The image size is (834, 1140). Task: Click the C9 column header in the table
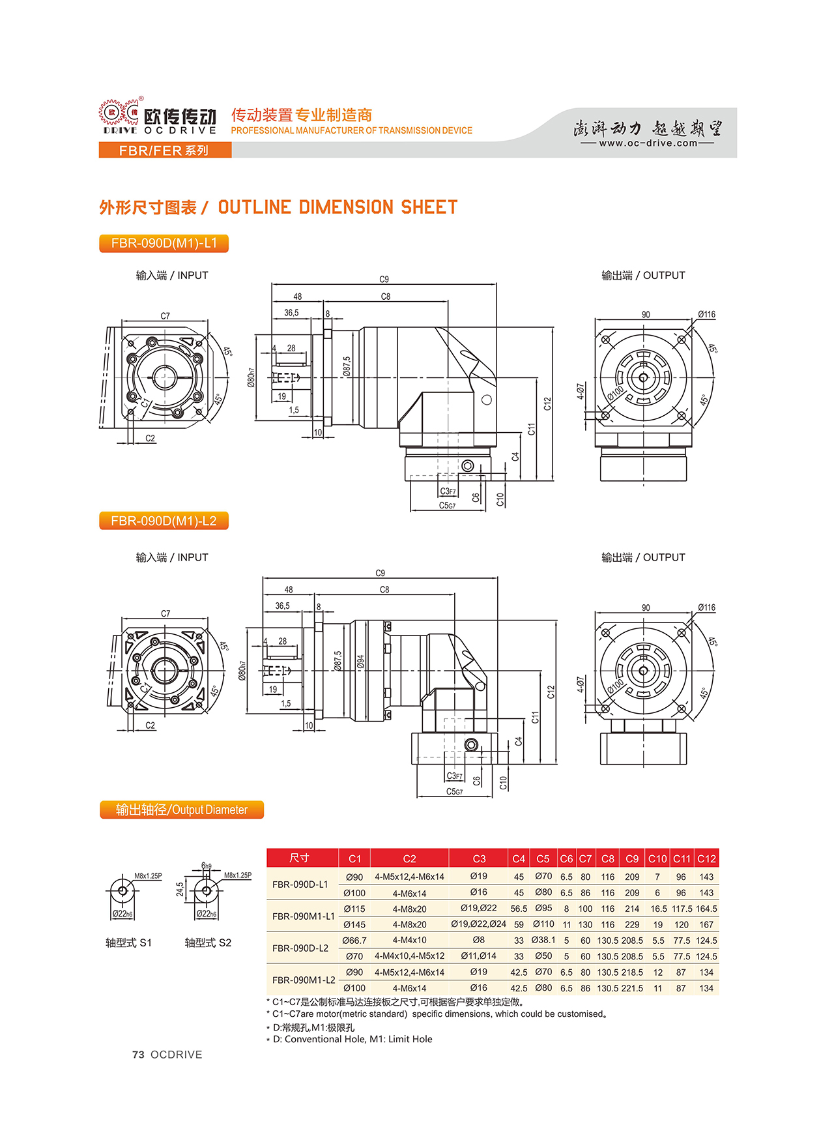point(631,858)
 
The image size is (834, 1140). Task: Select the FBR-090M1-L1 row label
point(303,916)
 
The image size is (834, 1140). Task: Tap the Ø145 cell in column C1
point(354,924)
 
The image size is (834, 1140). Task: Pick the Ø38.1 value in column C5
point(543,940)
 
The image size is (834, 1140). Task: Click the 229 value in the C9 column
point(631,924)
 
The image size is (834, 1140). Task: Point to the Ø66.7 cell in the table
point(354,940)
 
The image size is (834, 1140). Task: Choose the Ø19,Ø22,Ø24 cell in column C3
point(478,924)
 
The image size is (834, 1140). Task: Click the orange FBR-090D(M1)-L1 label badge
point(164,243)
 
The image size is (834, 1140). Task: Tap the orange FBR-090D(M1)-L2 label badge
point(164,521)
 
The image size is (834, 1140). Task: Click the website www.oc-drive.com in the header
point(648,143)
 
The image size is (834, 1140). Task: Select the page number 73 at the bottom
point(138,1055)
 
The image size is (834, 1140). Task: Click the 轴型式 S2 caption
point(208,943)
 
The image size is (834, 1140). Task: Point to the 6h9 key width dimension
point(207,866)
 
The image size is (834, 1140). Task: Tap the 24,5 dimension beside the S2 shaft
point(180,889)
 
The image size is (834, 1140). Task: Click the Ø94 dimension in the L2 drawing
point(360,662)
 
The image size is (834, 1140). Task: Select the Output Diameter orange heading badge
point(182,810)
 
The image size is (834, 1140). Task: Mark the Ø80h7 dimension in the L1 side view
point(251,377)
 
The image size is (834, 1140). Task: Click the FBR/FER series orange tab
point(165,151)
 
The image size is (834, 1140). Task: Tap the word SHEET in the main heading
point(429,207)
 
